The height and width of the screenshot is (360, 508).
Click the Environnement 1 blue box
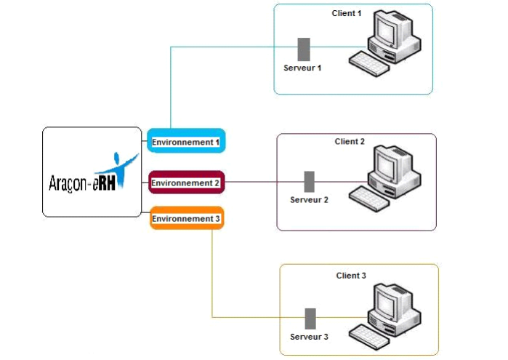click(x=186, y=141)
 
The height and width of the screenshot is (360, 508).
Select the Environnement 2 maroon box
click(x=185, y=183)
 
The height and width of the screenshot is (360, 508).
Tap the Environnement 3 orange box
click(x=186, y=218)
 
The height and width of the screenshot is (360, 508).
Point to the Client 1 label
click(x=347, y=14)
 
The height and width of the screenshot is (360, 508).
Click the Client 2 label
click(x=350, y=141)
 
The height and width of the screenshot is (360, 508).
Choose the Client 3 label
click(x=351, y=276)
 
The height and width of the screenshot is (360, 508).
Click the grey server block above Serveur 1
click(x=304, y=49)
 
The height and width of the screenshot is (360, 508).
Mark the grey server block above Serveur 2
click(x=309, y=182)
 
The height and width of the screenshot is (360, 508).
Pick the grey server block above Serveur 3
click(x=310, y=319)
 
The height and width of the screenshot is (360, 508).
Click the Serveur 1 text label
click(x=302, y=68)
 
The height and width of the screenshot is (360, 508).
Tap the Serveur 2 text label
click(x=309, y=199)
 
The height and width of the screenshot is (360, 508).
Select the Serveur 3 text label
click(x=309, y=337)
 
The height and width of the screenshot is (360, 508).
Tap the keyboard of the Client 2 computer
click(x=371, y=197)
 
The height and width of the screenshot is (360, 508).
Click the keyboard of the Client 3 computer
click(x=371, y=334)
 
